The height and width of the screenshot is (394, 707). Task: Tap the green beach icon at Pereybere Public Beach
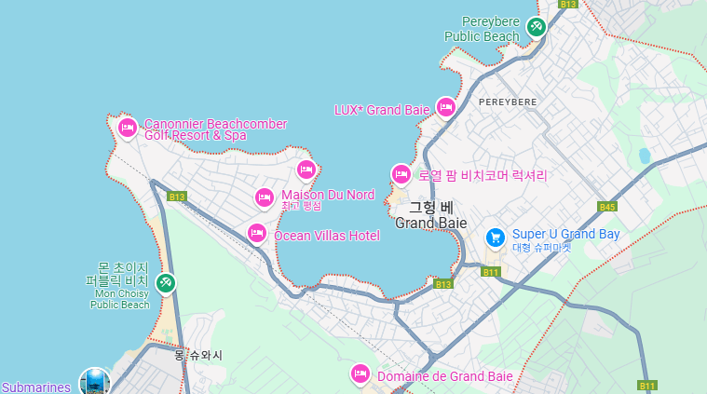click(x=536, y=27)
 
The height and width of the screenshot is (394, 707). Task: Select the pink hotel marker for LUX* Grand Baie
click(x=446, y=108)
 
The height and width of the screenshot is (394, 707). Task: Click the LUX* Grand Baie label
click(x=382, y=110)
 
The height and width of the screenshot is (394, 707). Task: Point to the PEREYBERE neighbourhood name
click(x=508, y=101)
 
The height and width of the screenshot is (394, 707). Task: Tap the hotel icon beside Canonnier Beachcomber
click(x=128, y=128)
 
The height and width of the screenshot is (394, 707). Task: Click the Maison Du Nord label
click(x=328, y=195)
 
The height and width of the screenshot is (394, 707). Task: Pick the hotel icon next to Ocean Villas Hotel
click(x=257, y=233)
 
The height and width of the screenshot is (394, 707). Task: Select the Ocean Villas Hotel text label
click(x=326, y=236)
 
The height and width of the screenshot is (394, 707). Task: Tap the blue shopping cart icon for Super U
click(x=496, y=237)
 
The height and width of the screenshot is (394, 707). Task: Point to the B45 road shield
click(x=607, y=207)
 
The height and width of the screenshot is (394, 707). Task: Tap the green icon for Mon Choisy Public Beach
click(x=165, y=282)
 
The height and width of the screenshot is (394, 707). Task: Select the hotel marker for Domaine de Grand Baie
click(x=360, y=374)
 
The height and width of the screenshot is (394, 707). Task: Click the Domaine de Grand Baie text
click(x=444, y=376)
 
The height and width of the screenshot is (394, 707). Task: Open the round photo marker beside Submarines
click(x=94, y=382)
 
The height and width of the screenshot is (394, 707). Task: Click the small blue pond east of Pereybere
click(x=644, y=156)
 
